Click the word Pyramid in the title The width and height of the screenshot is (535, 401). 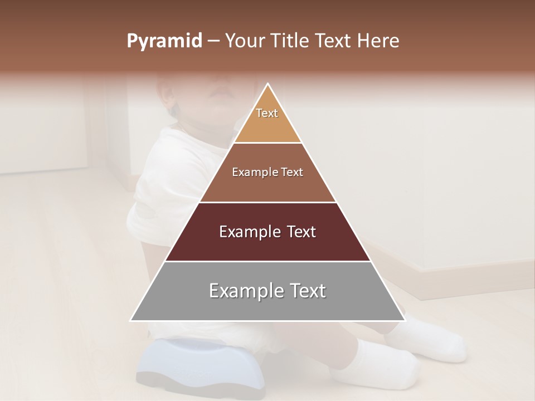tap(164, 41)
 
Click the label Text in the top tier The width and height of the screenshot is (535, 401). tap(267, 113)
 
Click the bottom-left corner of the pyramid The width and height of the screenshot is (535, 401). tap(131, 320)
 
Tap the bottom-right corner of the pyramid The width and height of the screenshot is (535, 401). tap(405, 320)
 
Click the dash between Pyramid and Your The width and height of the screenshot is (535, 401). tap(213, 41)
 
